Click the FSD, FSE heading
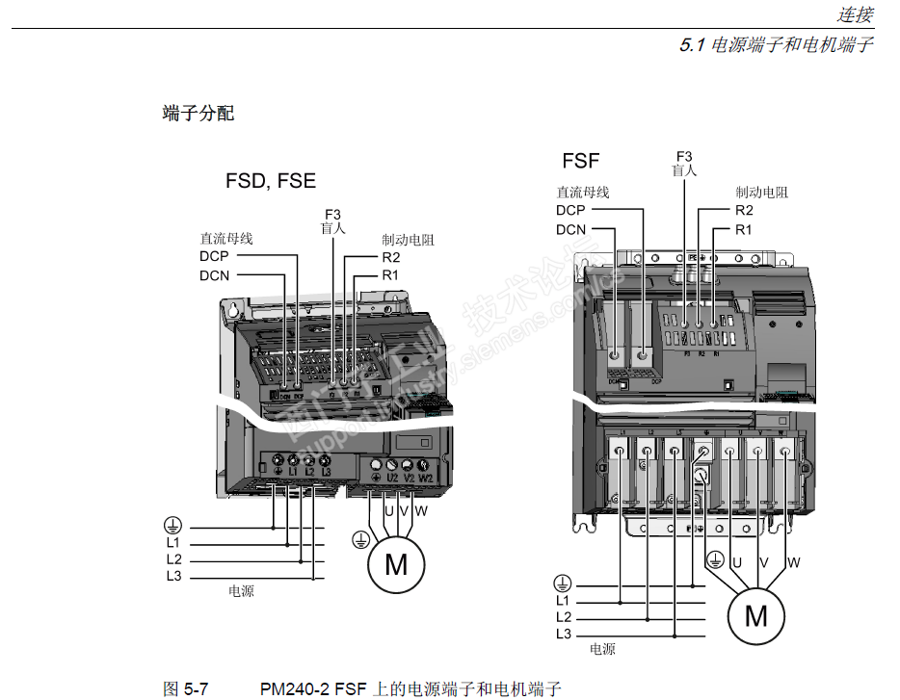pyautogui.click(x=271, y=181)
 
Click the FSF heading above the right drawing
pyautogui.click(x=581, y=161)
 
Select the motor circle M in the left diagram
pyautogui.click(x=396, y=564)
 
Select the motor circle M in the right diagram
pyautogui.click(x=756, y=615)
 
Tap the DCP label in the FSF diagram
pyautogui.click(x=570, y=210)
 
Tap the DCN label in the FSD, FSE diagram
pyautogui.click(x=215, y=275)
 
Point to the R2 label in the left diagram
pyautogui.click(x=390, y=257)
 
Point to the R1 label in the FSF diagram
pyautogui.click(x=743, y=229)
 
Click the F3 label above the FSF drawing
pyautogui.click(x=684, y=156)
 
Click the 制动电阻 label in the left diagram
pyautogui.click(x=408, y=240)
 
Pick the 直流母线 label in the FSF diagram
pyautogui.click(x=583, y=193)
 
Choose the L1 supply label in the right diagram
pyautogui.click(x=564, y=602)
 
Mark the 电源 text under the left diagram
pyautogui.click(x=241, y=591)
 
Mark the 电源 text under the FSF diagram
pyautogui.click(x=602, y=649)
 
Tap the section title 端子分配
pyautogui.click(x=199, y=114)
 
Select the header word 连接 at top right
pyautogui.click(x=855, y=14)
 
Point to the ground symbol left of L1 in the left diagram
pyautogui.click(x=172, y=525)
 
